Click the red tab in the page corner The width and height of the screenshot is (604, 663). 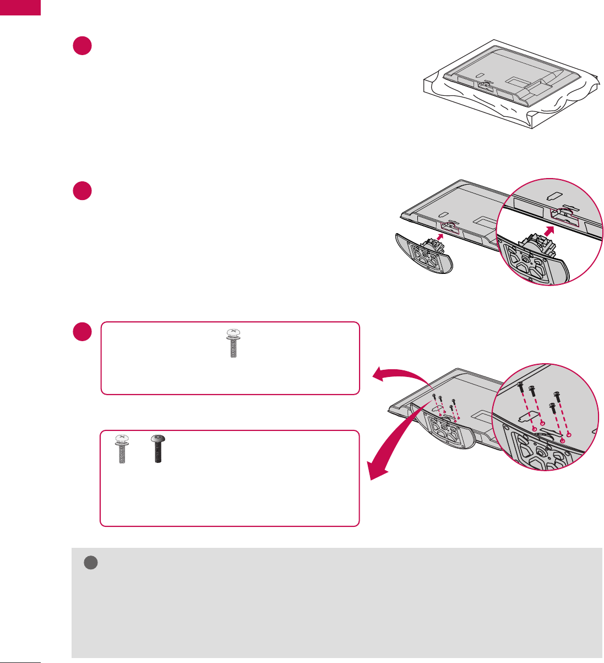[20, 7]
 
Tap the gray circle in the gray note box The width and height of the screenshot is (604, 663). [90, 562]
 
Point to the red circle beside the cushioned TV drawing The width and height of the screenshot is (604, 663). [81, 46]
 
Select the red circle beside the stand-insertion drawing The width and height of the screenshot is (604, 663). [81, 191]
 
